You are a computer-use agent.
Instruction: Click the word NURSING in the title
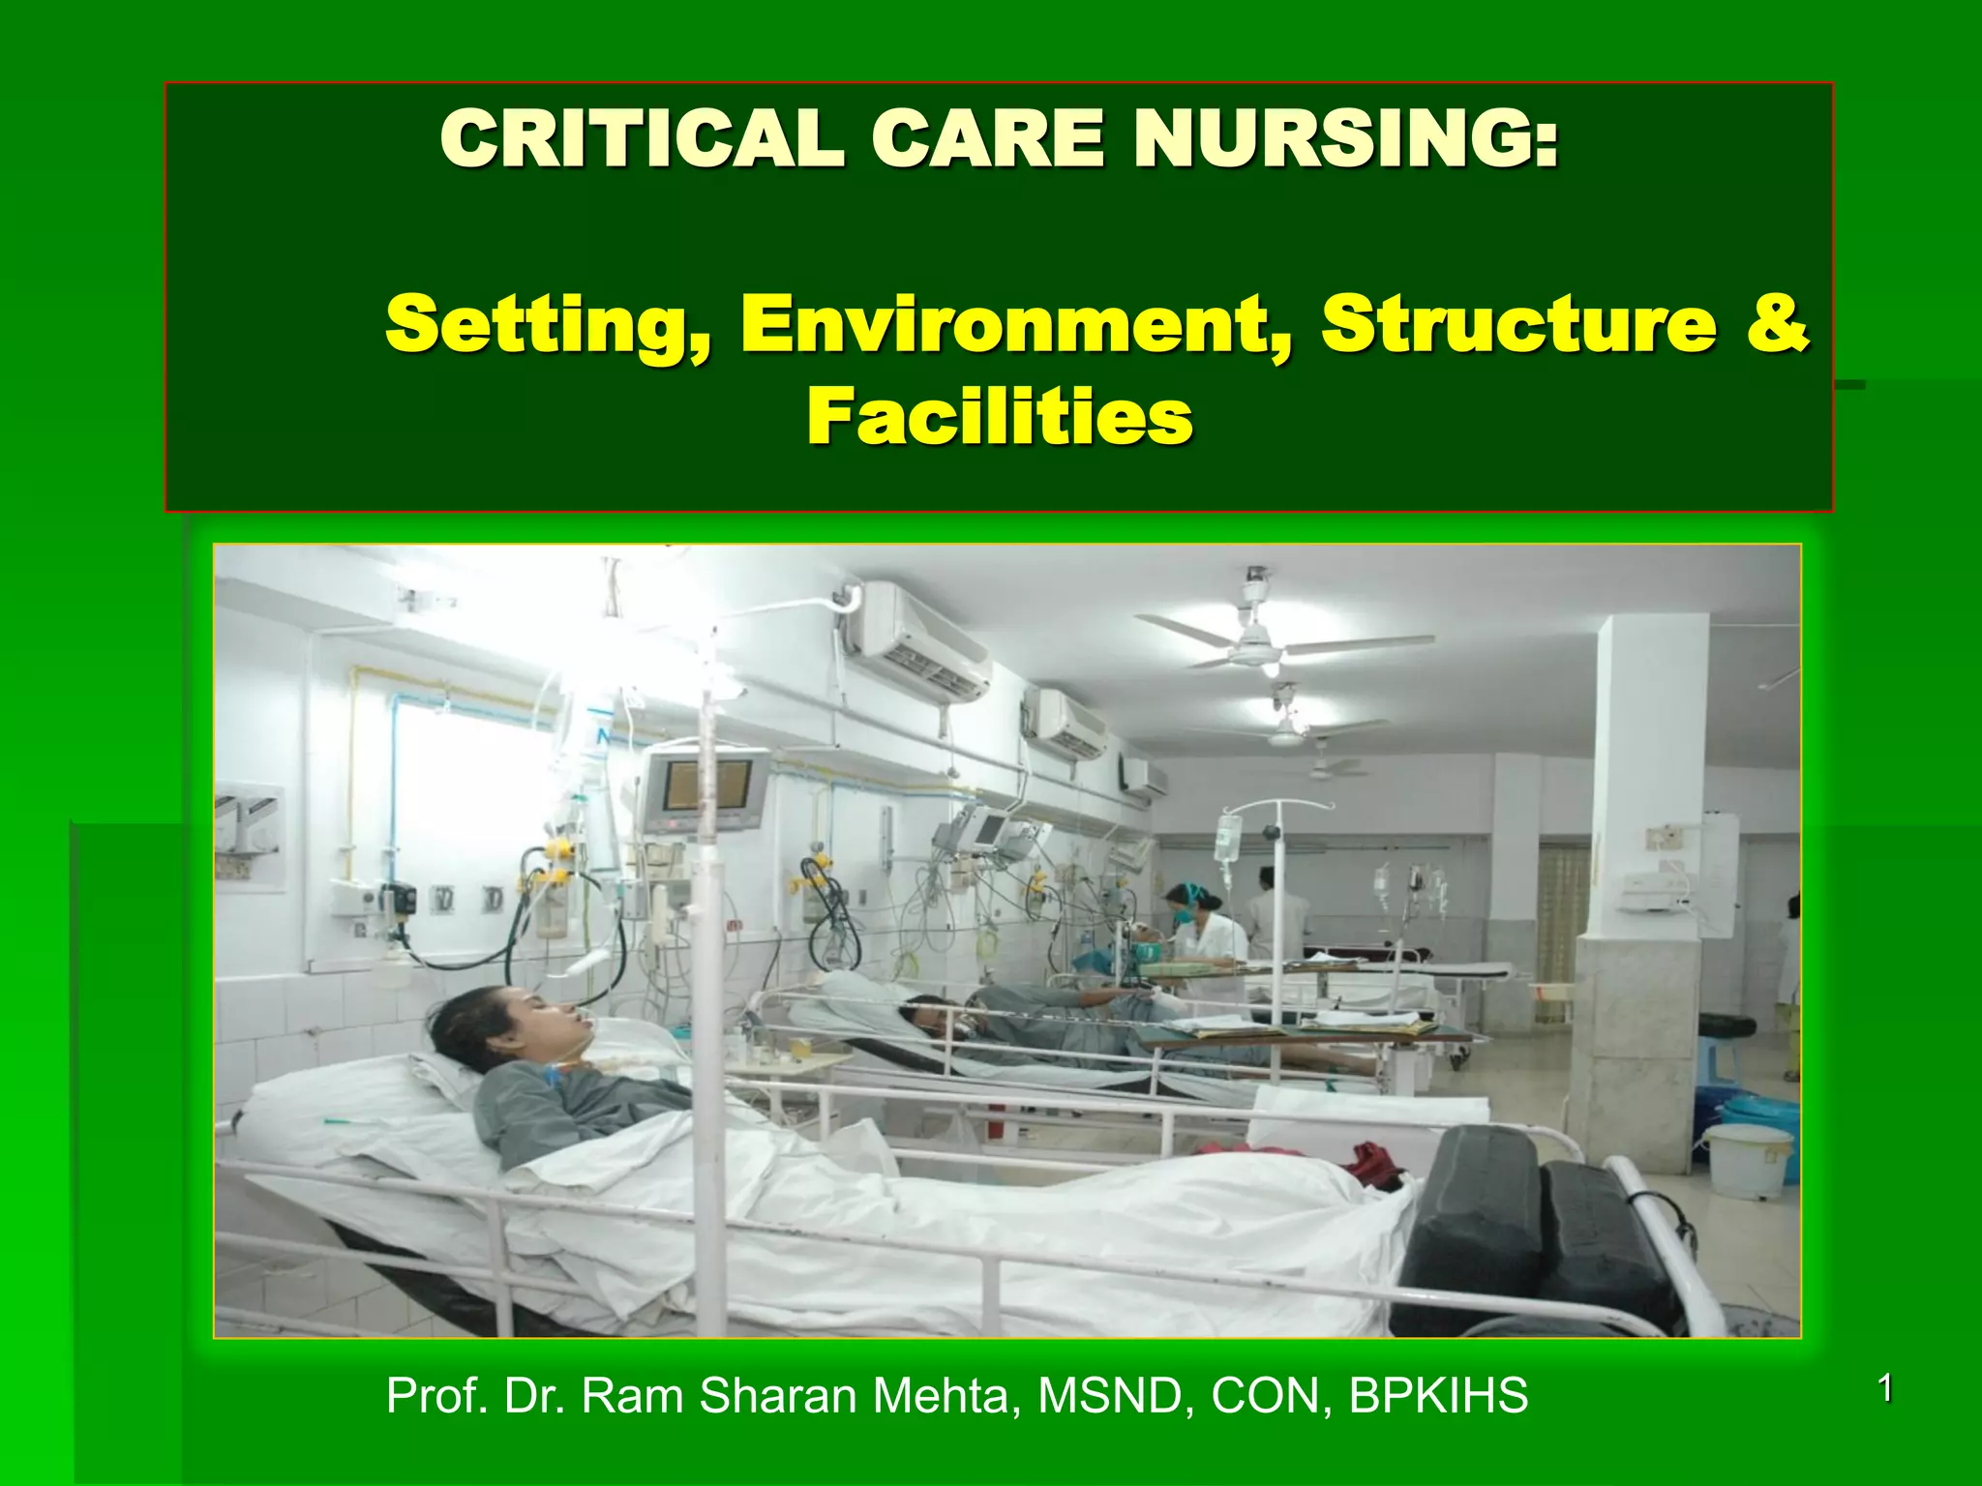(x=1346, y=138)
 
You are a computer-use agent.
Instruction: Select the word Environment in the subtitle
(x=1017, y=325)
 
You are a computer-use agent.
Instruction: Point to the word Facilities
(x=1000, y=417)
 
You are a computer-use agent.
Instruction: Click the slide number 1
(x=1884, y=1389)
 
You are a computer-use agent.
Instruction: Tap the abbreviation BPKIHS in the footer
(x=1438, y=1396)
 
